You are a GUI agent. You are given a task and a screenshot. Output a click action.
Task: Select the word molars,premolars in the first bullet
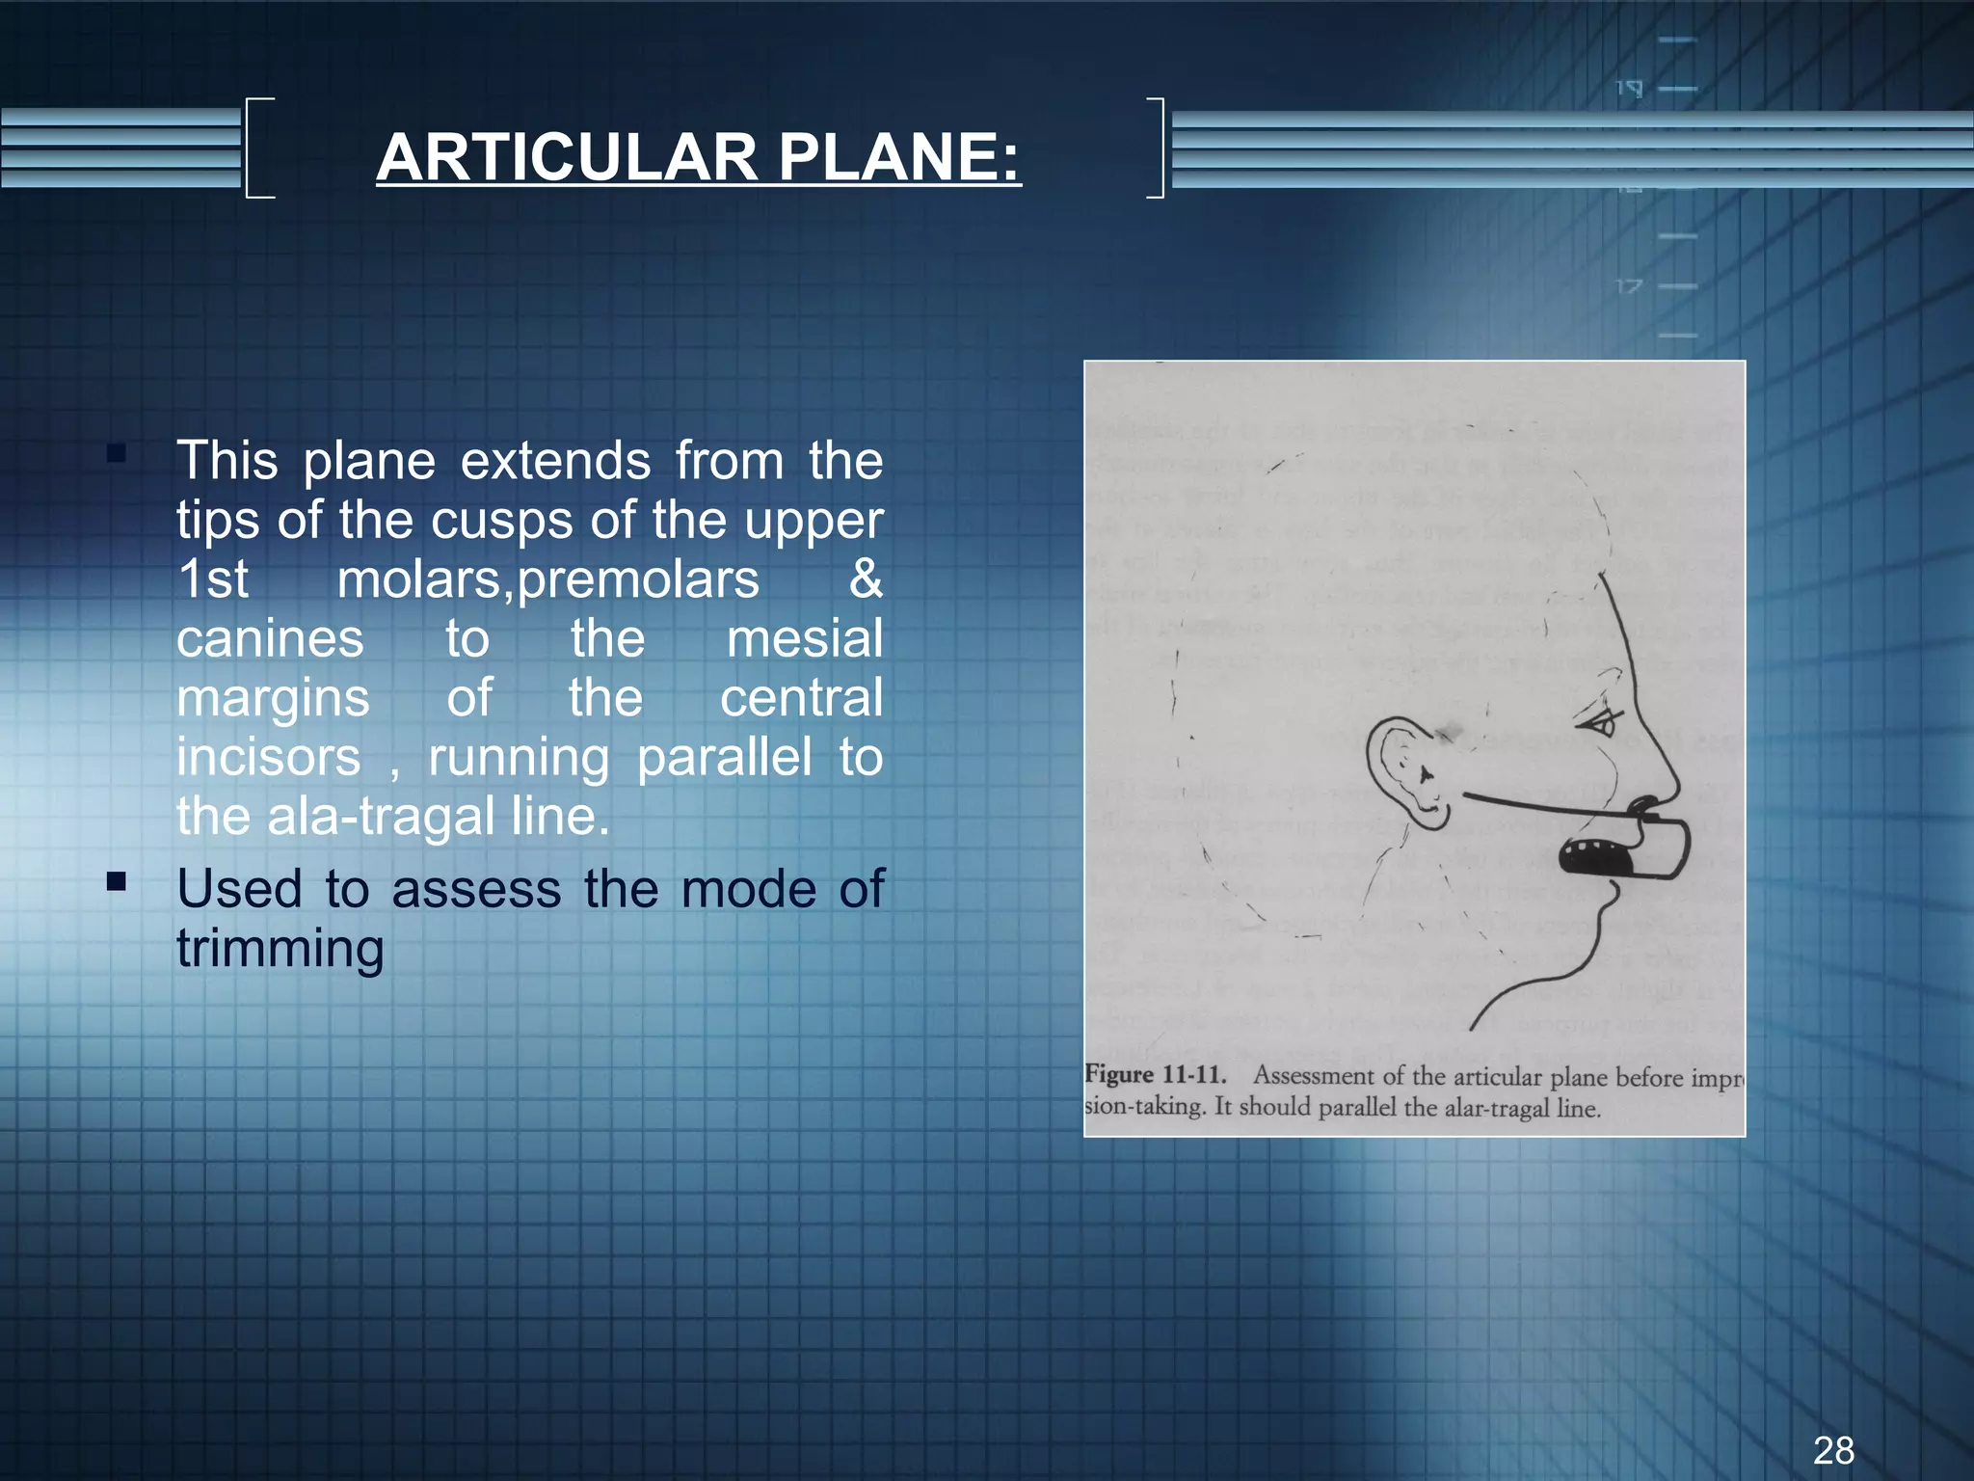547,580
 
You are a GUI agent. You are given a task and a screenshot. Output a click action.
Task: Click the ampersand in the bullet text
865,579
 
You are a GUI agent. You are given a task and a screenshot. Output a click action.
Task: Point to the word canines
270,639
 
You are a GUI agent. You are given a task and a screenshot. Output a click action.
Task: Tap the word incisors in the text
268,758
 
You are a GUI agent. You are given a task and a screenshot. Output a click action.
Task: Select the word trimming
280,950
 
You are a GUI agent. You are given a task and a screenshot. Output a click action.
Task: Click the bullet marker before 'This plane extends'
117,453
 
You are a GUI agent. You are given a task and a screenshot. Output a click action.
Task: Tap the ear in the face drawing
1407,771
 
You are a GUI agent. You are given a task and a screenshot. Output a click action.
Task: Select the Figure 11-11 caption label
1155,1074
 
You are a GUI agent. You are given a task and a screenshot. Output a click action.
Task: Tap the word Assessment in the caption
1314,1075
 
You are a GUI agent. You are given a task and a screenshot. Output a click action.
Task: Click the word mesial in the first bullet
804,639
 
